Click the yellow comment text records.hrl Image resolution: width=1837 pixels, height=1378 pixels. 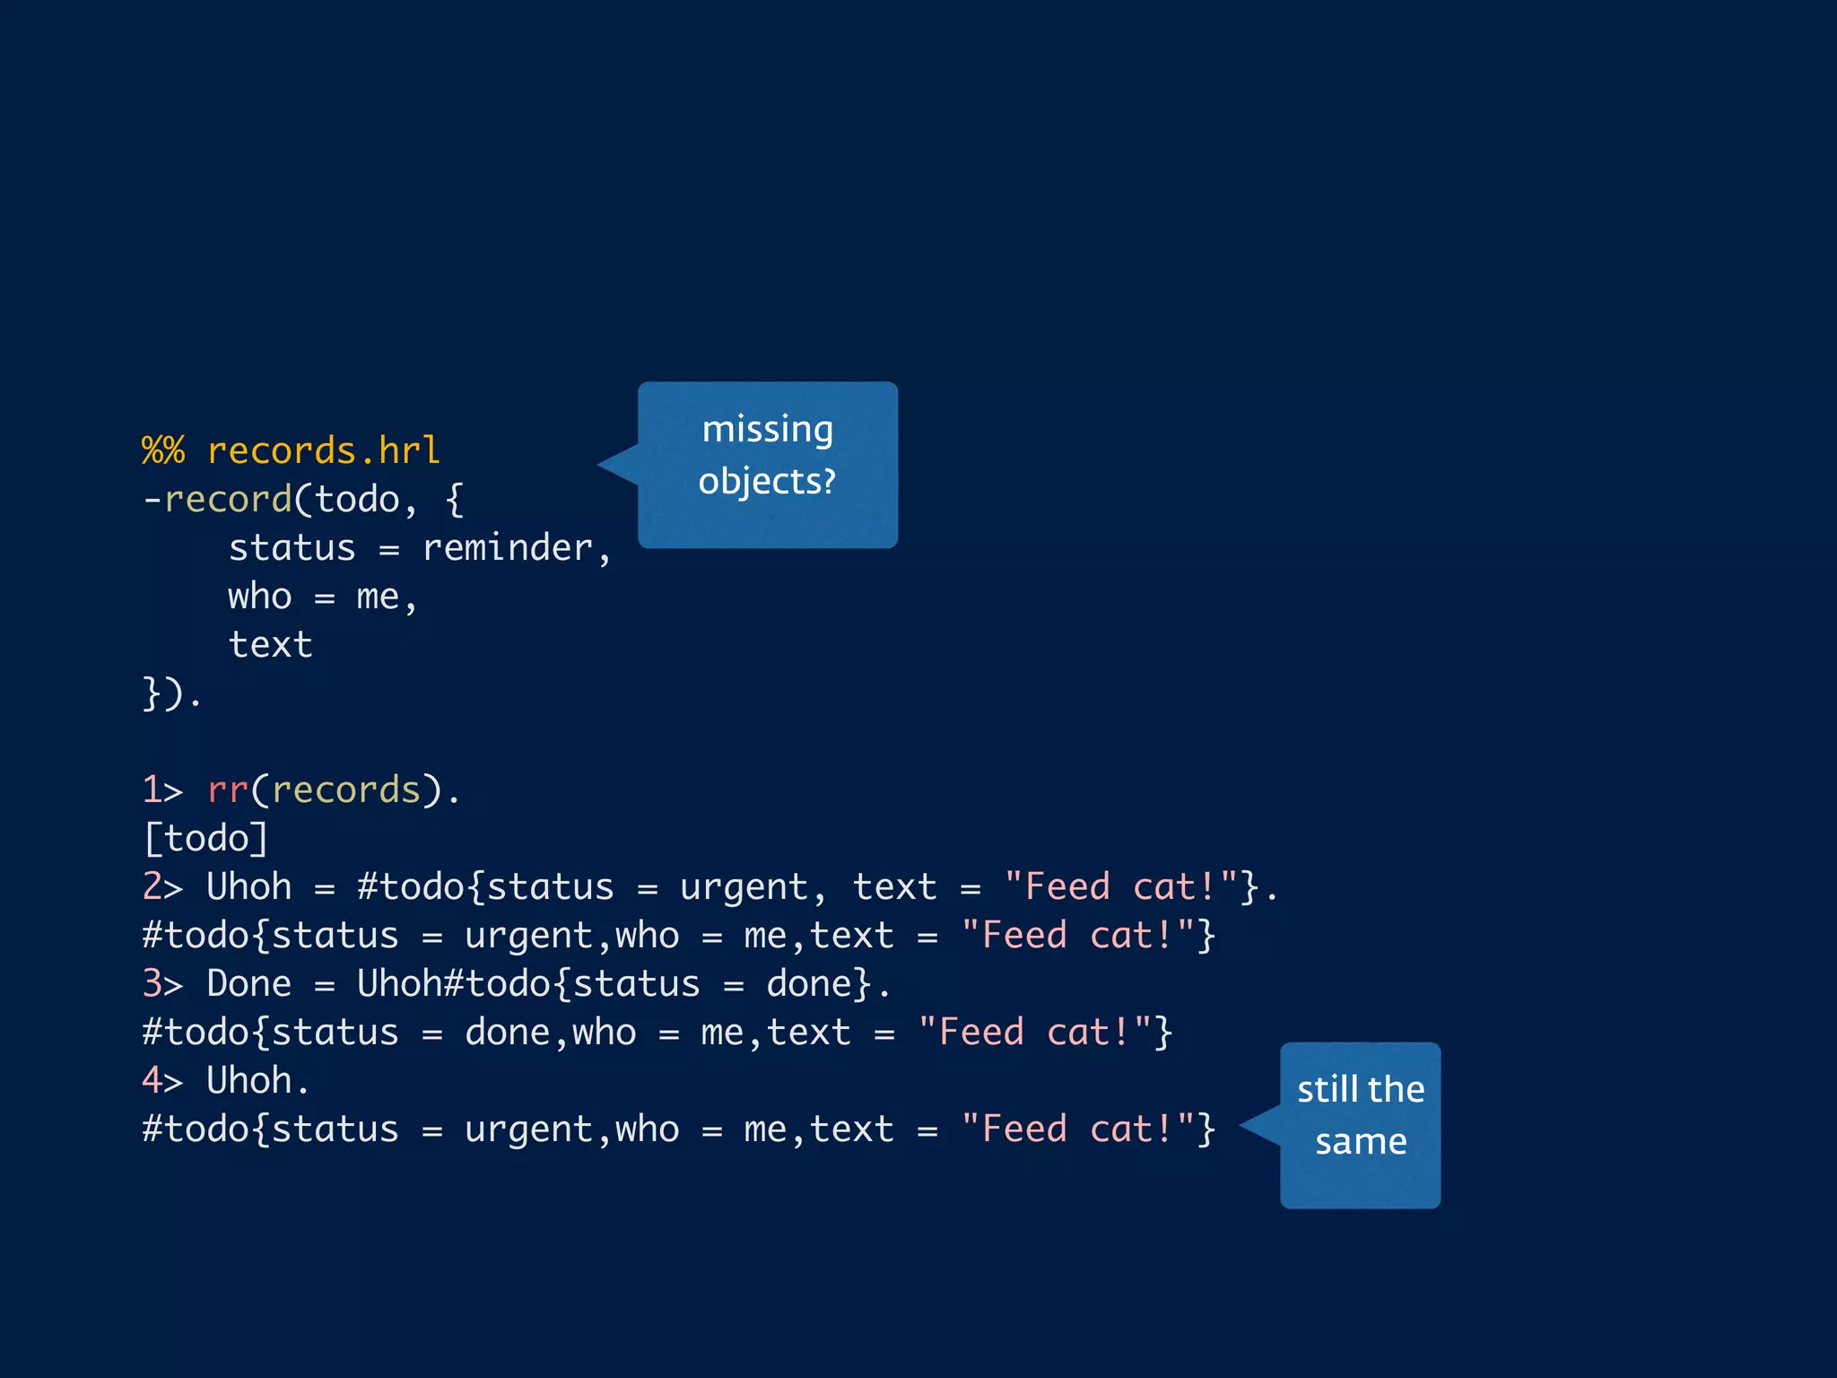[x=323, y=450]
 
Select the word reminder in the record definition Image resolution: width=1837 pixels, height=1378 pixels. [x=508, y=547]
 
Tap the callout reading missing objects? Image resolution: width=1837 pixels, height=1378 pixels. [x=767, y=464]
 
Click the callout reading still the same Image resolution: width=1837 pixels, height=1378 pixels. [x=1360, y=1124]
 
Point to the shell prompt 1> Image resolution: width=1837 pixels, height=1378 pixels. [x=162, y=789]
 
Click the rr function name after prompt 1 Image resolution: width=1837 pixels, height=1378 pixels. [x=228, y=789]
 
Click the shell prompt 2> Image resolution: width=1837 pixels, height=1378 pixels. [x=162, y=886]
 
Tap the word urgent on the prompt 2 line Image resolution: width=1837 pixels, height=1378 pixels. [x=744, y=886]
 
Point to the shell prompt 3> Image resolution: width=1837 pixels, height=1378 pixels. [x=162, y=983]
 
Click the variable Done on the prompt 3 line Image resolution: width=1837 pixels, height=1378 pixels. [x=249, y=983]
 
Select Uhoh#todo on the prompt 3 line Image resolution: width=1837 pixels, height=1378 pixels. [x=453, y=983]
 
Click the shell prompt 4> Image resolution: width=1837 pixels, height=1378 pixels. [x=162, y=1080]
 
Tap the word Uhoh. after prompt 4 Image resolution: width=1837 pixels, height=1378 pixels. [x=258, y=1080]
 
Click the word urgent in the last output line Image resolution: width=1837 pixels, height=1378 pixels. [x=528, y=1129]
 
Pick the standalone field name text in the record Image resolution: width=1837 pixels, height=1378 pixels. [x=270, y=644]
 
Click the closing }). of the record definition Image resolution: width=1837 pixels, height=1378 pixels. [x=173, y=693]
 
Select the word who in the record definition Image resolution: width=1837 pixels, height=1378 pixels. [x=260, y=596]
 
